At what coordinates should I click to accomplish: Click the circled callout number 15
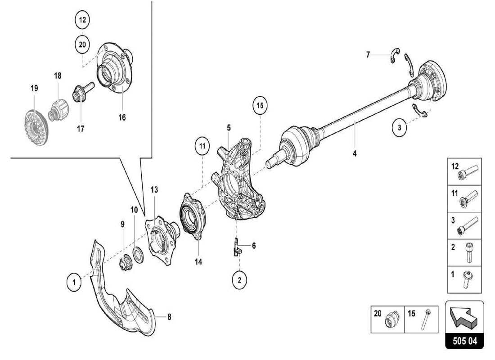pos(260,106)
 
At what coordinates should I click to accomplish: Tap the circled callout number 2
pos(239,280)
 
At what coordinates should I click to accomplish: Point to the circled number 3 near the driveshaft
pos(399,128)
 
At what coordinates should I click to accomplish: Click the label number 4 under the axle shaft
pos(355,153)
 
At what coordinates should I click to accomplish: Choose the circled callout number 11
pos(202,146)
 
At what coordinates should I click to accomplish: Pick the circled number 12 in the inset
pos(82,20)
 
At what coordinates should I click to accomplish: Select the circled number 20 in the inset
pos(82,45)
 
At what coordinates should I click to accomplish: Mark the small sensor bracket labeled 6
pos(236,247)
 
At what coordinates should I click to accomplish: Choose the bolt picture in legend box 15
pos(425,320)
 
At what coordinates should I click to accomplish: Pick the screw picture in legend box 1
pos(466,279)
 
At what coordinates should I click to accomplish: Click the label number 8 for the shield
pos(169,317)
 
